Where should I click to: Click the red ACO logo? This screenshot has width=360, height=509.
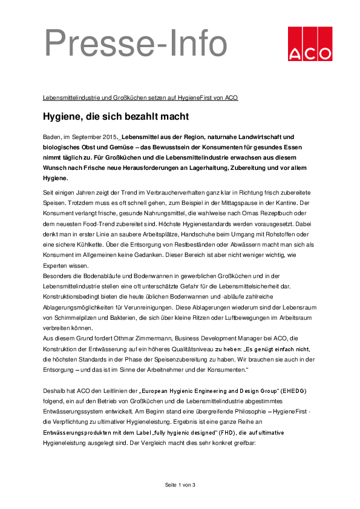pos(309,44)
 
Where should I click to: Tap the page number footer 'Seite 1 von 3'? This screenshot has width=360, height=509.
pos(180,485)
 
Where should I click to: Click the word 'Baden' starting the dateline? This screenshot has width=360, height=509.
pos(52,137)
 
